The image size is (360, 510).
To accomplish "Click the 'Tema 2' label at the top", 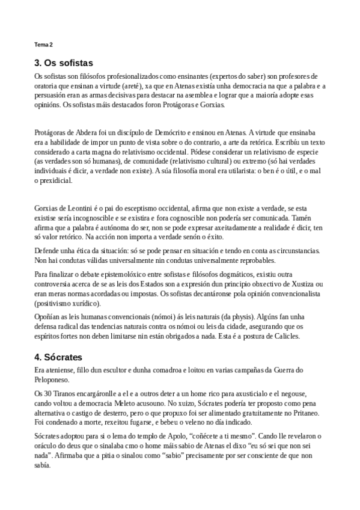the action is point(43,45).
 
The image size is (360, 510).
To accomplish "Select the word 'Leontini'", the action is point(73,208).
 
